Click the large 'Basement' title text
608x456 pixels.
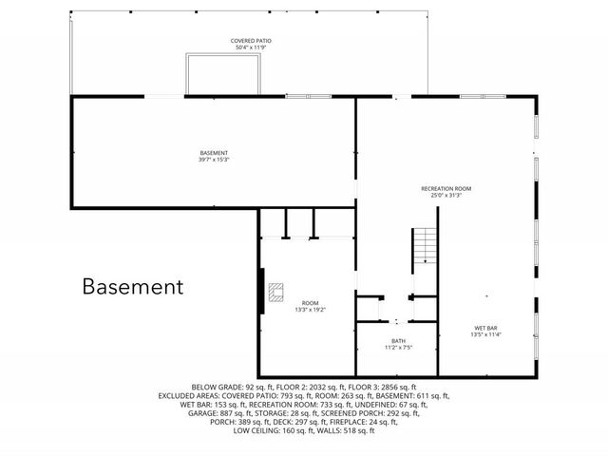click(132, 286)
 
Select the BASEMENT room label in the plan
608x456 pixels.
click(214, 153)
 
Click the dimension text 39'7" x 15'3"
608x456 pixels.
click(214, 160)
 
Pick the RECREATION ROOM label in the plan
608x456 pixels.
click(446, 189)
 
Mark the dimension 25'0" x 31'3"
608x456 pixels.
click(446, 196)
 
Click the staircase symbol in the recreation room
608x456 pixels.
click(424, 247)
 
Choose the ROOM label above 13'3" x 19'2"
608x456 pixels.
click(311, 303)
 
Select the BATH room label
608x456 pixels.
click(399, 341)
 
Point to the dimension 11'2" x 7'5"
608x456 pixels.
click(399, 348)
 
